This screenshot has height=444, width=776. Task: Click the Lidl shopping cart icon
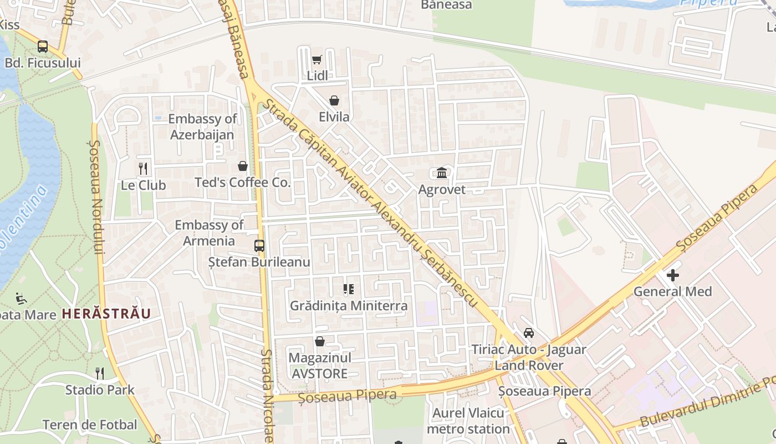coord(316,60)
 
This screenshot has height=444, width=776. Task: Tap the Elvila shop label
coord(334,117)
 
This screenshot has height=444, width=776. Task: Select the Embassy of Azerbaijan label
coord(202,127)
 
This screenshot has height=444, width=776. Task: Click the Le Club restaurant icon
coord(143,168)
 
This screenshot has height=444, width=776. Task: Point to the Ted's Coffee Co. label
coord(242,183)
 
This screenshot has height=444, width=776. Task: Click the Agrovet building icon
coord(442,173)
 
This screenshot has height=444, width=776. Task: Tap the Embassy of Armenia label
coord(209,233)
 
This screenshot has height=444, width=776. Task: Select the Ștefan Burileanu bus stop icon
coord(259,245)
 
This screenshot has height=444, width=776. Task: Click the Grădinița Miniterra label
coord(349,306)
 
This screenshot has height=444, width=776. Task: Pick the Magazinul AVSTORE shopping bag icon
coord(320,341)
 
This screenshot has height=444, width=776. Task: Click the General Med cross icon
coord(673,275)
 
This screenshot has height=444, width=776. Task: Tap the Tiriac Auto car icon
coord(529,333)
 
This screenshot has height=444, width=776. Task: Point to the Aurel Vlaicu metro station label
coord(468,421)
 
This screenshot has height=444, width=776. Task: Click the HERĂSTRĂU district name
coord(106,314)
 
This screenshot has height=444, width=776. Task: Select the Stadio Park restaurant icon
coord(100,373)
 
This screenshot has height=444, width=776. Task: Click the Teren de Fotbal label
coord(90,425)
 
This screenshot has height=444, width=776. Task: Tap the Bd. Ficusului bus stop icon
coord(43,47)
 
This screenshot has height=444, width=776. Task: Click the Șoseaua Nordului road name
coord(96,197)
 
